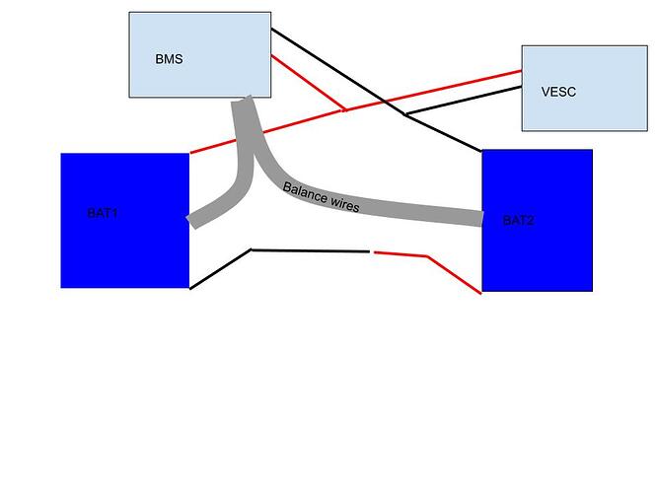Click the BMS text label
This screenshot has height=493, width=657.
coord(169,59)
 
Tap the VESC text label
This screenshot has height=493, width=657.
coord(558,92)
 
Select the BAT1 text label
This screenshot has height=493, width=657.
coord(103,212)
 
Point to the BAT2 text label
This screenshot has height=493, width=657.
coord(518,220)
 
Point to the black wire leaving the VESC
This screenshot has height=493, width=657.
coord(464,100)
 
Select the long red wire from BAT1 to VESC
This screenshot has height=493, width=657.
coord(296,123)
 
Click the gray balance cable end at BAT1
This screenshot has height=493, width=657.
coord(196,219)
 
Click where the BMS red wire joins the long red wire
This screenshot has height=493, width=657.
coord(343,110)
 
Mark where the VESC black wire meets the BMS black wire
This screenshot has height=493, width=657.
coord(405,115)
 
